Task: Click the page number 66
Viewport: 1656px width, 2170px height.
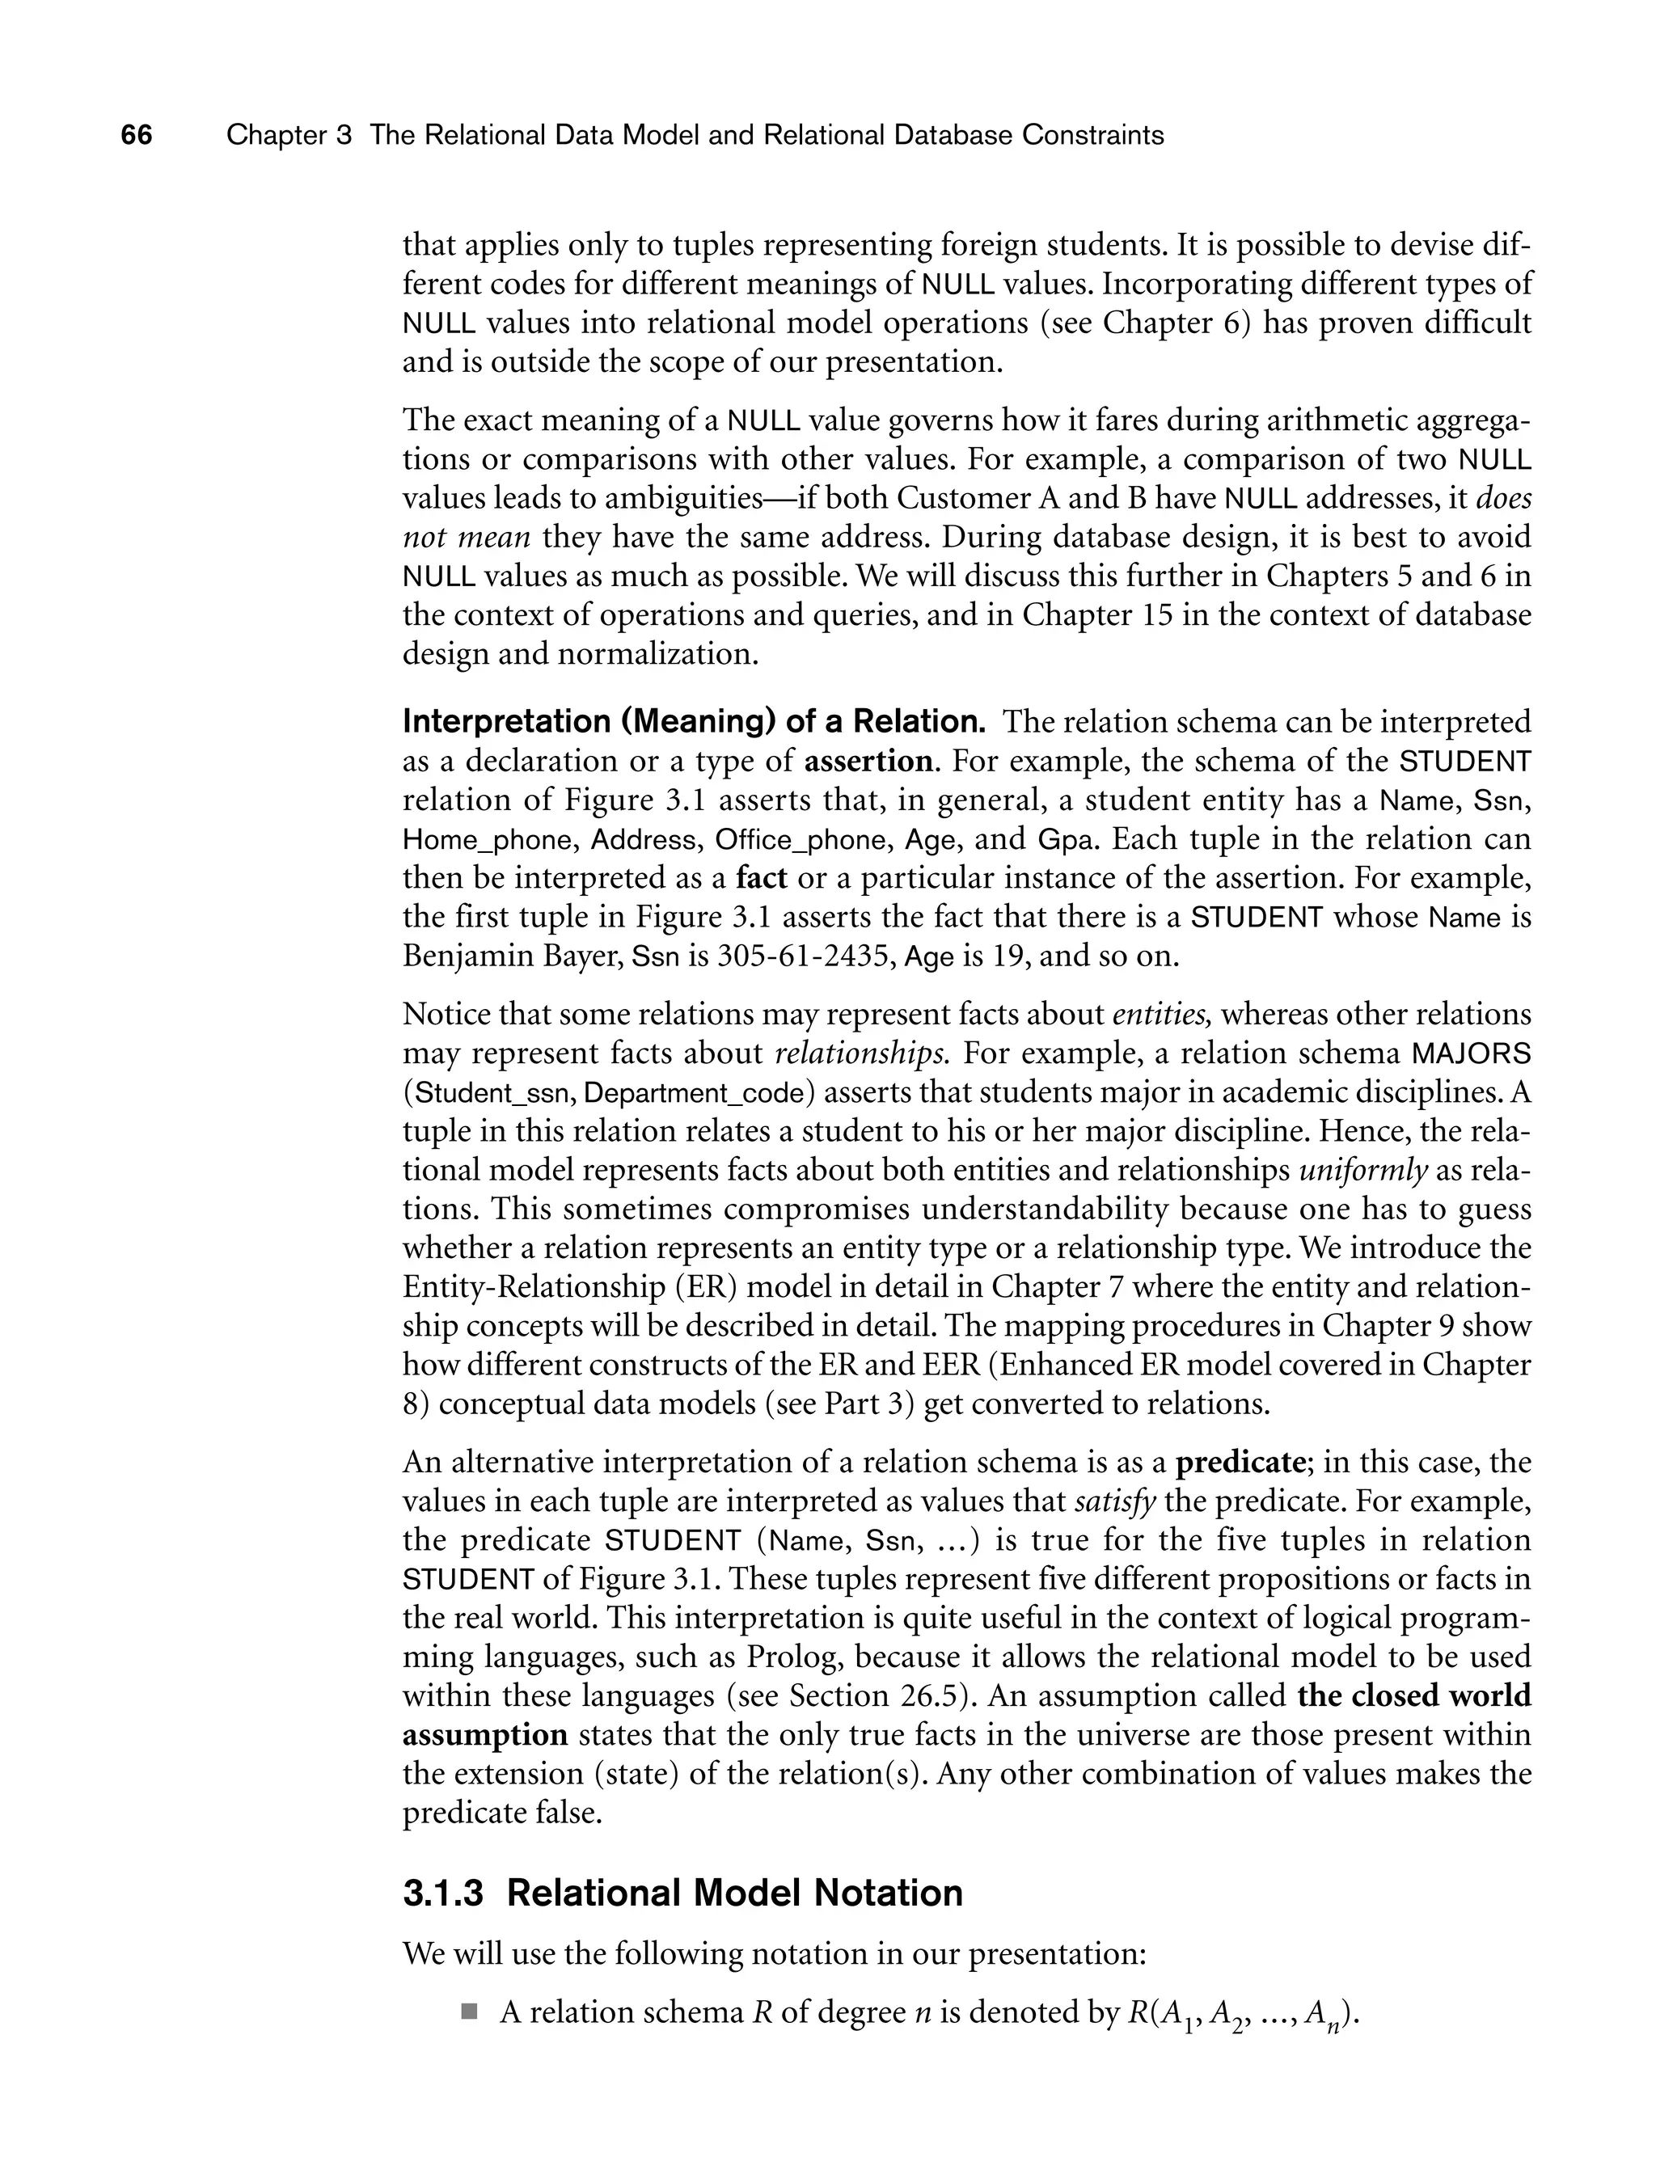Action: tap(137, 135)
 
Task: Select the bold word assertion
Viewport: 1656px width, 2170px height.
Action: tap(868, 762)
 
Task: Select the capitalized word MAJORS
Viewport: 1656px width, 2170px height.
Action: tap(1472, 1053)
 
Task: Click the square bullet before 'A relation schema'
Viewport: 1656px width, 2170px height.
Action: tap(468, 2011)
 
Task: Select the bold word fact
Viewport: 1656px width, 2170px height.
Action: tap(761, 878)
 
